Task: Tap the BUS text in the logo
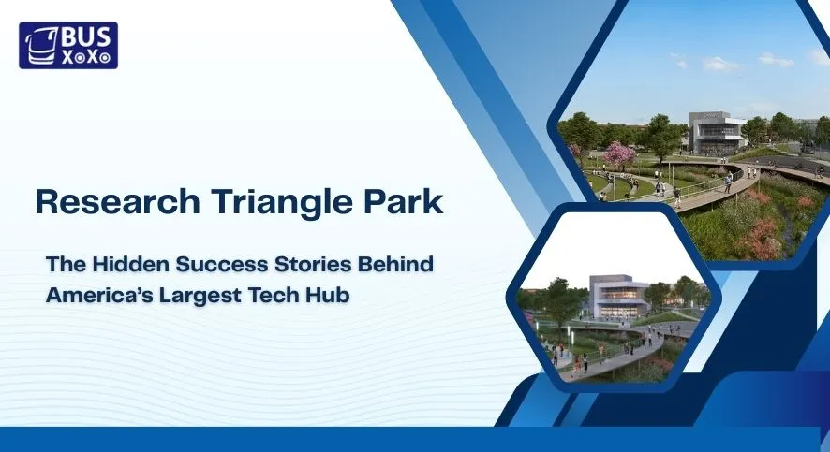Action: [86, 36]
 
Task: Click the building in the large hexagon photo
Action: [717, 133]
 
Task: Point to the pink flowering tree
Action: [620, 153]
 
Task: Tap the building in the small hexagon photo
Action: [618, 297]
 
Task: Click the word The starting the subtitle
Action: [65, 265]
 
